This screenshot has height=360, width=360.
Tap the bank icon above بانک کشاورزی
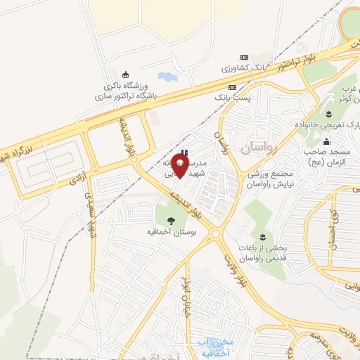click(245, 58)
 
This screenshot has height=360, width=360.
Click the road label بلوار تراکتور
click(292, 62)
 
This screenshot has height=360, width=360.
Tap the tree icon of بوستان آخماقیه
click(171, 219)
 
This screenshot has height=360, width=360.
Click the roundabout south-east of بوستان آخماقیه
click(216, 234)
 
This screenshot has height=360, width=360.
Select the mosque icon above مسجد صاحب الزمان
click(326, 141)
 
